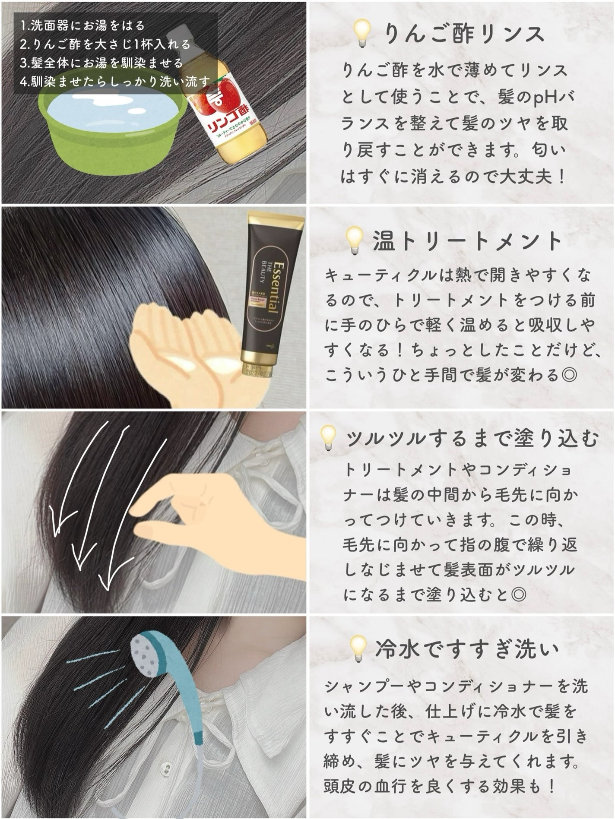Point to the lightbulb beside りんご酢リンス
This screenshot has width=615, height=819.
[361, 34]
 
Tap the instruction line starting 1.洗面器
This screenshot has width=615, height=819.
[82, 26]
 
